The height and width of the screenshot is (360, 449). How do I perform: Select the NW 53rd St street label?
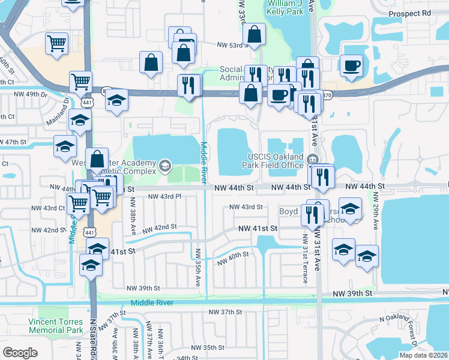[x=232, y=44]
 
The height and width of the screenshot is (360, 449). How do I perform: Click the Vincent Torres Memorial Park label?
[x=55, y=326]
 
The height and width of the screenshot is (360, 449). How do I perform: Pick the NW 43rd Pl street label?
[x=164, y=196]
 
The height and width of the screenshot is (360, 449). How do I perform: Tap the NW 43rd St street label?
[x=246, y=207]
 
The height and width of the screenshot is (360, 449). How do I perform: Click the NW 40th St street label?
[x=233, y=259]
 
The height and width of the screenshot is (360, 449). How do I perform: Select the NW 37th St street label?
[x=225, y=312]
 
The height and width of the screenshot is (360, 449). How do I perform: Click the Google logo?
[x=20, y=353]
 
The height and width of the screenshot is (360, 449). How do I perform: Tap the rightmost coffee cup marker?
[x=351, y=64]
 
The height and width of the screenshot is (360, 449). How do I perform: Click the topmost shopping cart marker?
[x=56, y=43]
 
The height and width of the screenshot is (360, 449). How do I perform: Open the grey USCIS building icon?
[x=312, y=159]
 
